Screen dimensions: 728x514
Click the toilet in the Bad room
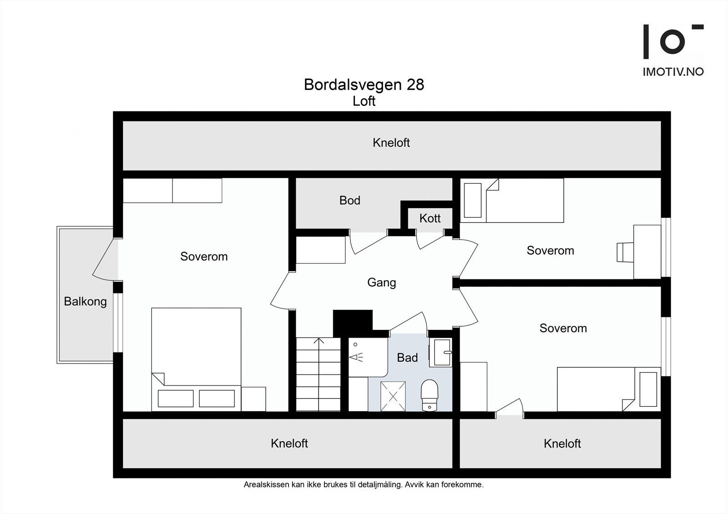430,395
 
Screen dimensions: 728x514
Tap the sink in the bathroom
441,352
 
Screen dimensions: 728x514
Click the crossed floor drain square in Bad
393,396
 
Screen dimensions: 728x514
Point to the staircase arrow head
319,340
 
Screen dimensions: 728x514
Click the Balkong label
85,302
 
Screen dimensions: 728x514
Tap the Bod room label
350,200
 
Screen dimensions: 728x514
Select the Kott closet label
430,218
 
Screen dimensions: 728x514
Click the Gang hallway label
382,283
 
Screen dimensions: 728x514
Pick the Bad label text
407,358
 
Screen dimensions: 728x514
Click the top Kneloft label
391,143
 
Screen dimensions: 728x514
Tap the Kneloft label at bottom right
562,444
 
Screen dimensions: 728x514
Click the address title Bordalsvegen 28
364,85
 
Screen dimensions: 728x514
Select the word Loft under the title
364,101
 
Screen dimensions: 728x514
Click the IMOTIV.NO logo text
673,72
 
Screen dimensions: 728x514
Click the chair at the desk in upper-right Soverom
625,252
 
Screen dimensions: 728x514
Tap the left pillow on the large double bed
176,399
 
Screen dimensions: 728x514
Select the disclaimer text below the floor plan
364,485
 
